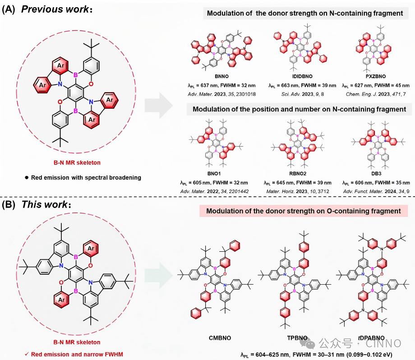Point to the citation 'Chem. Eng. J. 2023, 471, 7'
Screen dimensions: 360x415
[376, 93]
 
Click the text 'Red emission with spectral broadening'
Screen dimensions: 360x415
[86, 177]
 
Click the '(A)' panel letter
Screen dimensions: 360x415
[10, 10]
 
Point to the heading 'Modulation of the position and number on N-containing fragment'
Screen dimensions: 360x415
[299, 109]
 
